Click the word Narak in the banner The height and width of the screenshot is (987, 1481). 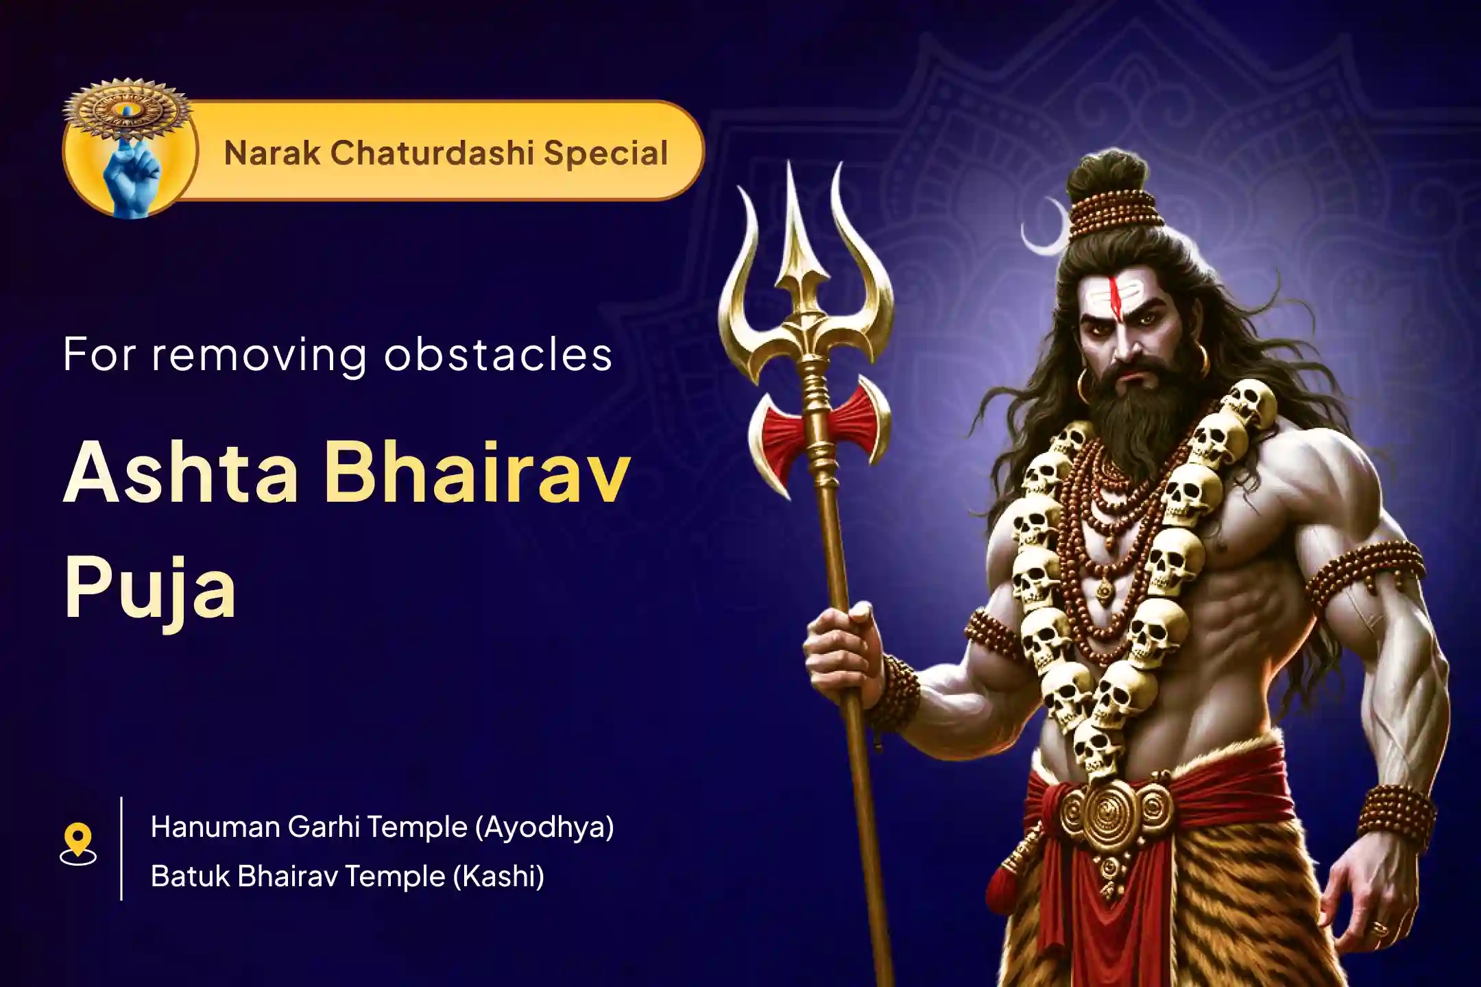(x=271, y=152)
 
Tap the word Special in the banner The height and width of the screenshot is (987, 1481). (x=605, y=154)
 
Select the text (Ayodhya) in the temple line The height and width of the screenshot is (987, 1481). (x=545, y=827)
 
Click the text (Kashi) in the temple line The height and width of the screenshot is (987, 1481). (x=498, y=876)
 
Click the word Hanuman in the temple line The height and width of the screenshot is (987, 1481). (x=215, y=827)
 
